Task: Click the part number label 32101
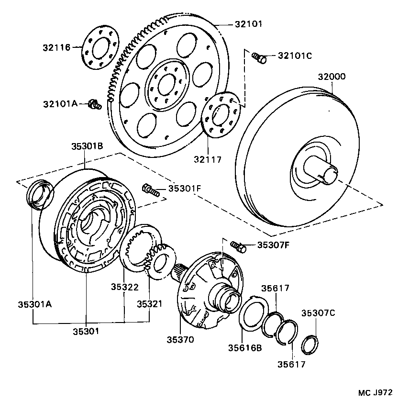point(248,24)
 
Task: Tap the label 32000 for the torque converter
point(332,77)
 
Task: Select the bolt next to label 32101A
point(94,103)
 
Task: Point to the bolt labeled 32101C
point(259,57)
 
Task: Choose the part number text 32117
point(208,159)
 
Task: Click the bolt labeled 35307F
point(239,246)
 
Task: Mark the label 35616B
point(245,348)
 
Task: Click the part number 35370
point(180,340)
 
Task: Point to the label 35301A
point(34,304)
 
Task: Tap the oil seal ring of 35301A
point(40,194)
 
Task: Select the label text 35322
point(125,287)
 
